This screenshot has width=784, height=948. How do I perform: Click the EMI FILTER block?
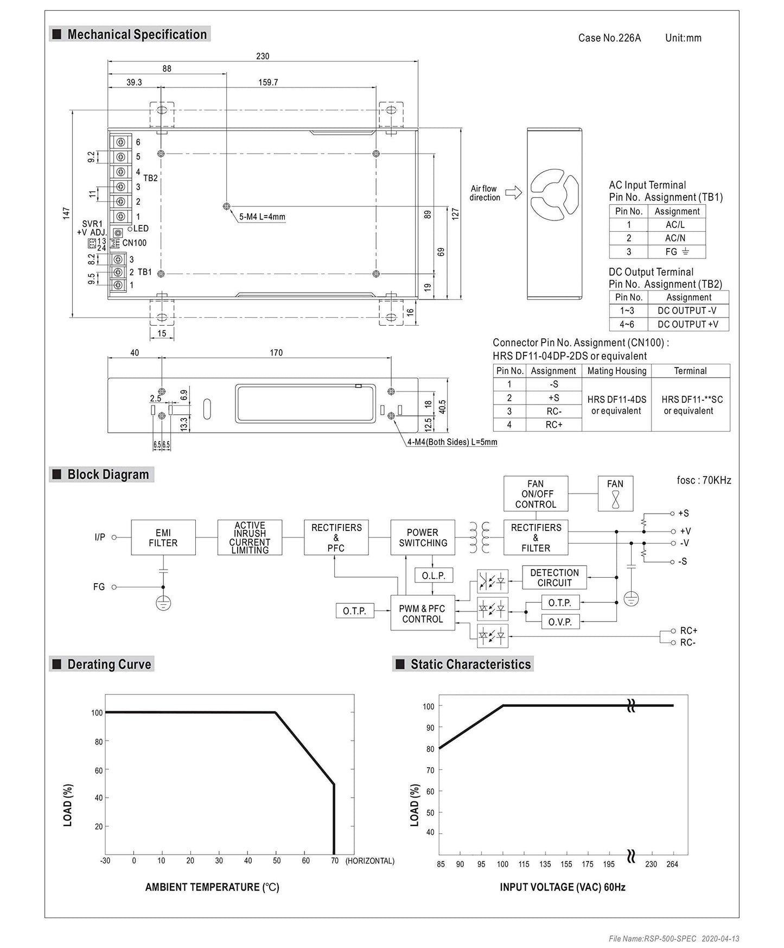163,538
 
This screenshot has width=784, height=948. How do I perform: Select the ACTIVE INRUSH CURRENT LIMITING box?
250,538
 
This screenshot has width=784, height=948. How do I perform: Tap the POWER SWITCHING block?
423,538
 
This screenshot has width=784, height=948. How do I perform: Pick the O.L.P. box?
433,576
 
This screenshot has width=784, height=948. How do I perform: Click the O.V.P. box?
560,622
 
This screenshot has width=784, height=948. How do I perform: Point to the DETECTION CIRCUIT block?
554,578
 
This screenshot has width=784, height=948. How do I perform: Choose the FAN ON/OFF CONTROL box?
536,494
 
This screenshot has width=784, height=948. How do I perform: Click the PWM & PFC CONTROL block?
422,614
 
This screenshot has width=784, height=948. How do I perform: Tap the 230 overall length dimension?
263,56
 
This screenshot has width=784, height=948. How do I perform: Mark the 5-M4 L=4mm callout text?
263,217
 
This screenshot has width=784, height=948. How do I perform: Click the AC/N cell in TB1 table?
675,238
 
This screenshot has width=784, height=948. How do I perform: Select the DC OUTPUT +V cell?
687,324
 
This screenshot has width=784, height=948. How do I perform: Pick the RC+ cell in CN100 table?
553,425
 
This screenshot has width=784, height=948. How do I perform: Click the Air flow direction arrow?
513,193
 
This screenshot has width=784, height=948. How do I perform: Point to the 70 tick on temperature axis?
335,861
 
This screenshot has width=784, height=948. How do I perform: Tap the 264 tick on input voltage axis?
672,864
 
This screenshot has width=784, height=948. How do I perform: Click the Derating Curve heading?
109,664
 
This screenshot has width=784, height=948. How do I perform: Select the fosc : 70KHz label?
704,480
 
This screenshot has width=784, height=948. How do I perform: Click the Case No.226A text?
609,38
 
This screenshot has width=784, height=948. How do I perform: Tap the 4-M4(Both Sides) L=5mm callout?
452,442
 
